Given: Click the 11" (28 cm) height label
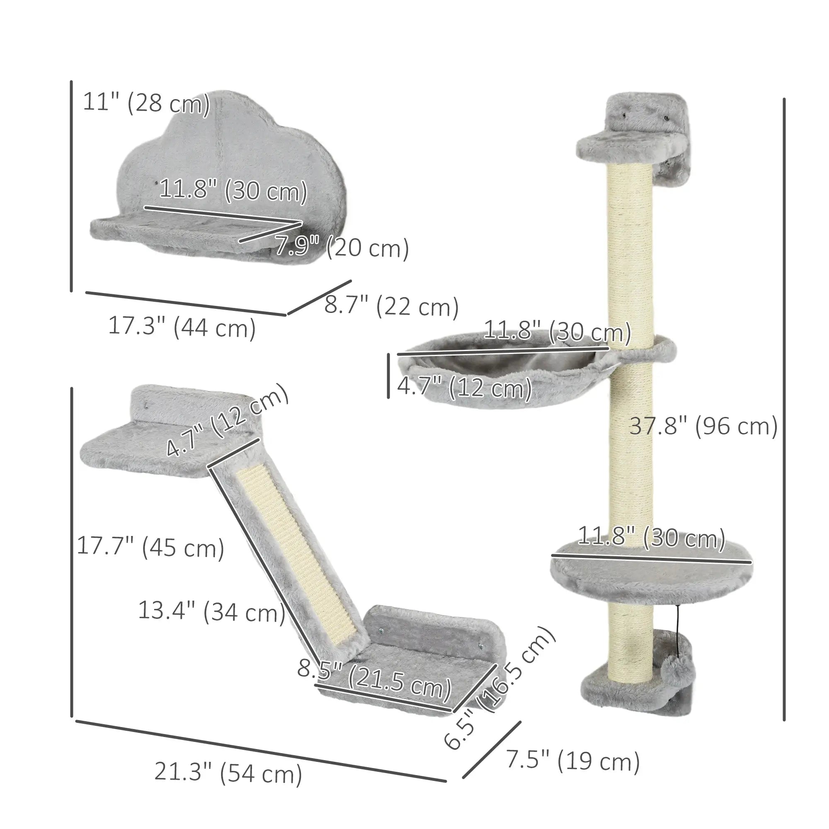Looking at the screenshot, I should tap(146, 103).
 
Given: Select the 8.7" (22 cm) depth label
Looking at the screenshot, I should tap(391, 306).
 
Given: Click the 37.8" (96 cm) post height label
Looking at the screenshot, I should tap(703, 427).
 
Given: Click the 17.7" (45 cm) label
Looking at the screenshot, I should tap(150, 548).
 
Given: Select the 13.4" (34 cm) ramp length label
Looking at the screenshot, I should tap(211, 611).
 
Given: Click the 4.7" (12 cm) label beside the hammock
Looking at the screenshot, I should tap(464, 388).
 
